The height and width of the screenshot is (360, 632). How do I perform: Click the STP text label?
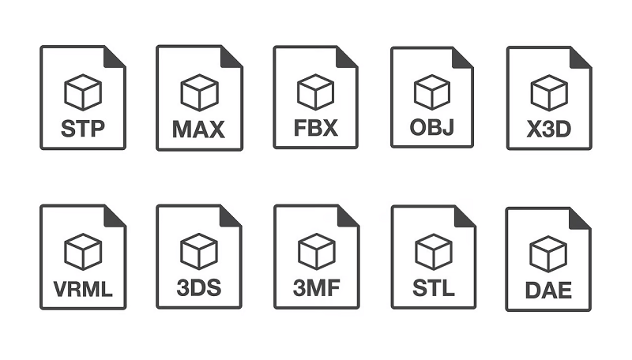(83, 129)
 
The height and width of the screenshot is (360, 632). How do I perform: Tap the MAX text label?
(199, 129)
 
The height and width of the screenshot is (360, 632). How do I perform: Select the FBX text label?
(315, 128)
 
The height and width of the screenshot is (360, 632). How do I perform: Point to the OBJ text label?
(432, 127)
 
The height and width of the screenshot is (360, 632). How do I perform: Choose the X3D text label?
(549, 129)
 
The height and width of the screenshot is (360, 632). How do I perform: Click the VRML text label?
(83, 289)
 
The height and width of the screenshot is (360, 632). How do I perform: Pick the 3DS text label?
(199, 288)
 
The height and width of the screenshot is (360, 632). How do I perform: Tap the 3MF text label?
(317, 288)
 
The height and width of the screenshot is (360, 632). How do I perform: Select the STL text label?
(434, 288)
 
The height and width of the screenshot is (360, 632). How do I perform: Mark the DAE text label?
(548, 290)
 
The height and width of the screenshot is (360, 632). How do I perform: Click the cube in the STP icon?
(83, 92)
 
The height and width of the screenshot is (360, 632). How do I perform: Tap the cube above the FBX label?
(315, 92)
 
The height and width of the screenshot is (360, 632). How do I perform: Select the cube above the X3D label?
(549, 92)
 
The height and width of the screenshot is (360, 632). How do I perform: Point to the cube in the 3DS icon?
(199, 251)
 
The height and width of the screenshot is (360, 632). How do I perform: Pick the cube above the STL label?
(434, 252)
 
